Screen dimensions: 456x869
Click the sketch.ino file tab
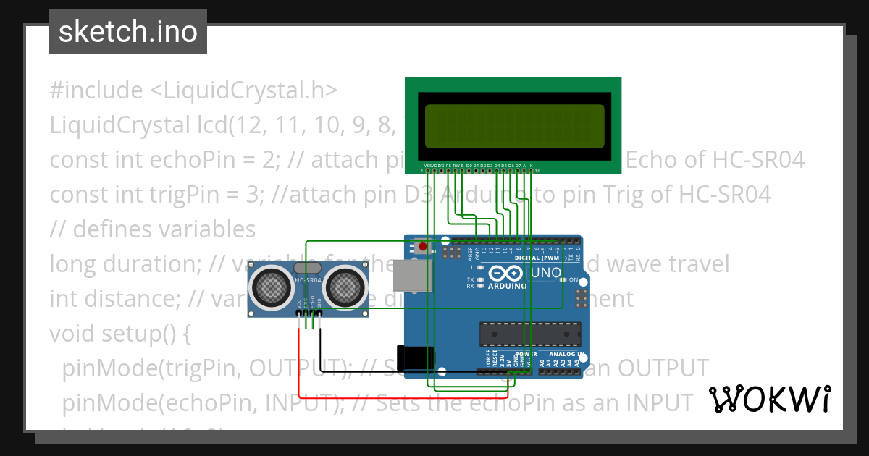128,32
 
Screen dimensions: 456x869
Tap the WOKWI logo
769,399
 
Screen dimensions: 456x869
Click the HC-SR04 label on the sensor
309,279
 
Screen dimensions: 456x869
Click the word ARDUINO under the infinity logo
507,286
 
